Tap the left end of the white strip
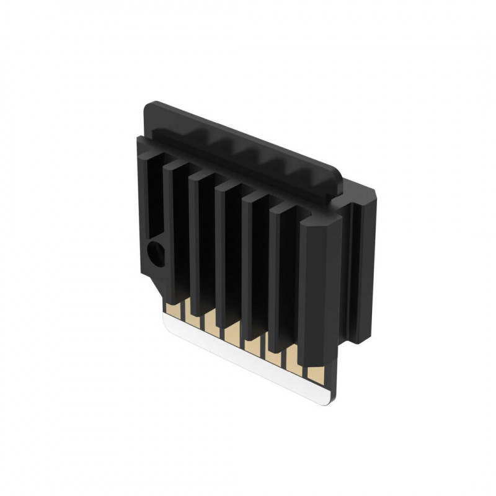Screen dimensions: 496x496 [165, 316]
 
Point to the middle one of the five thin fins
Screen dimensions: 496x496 [229, 254]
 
